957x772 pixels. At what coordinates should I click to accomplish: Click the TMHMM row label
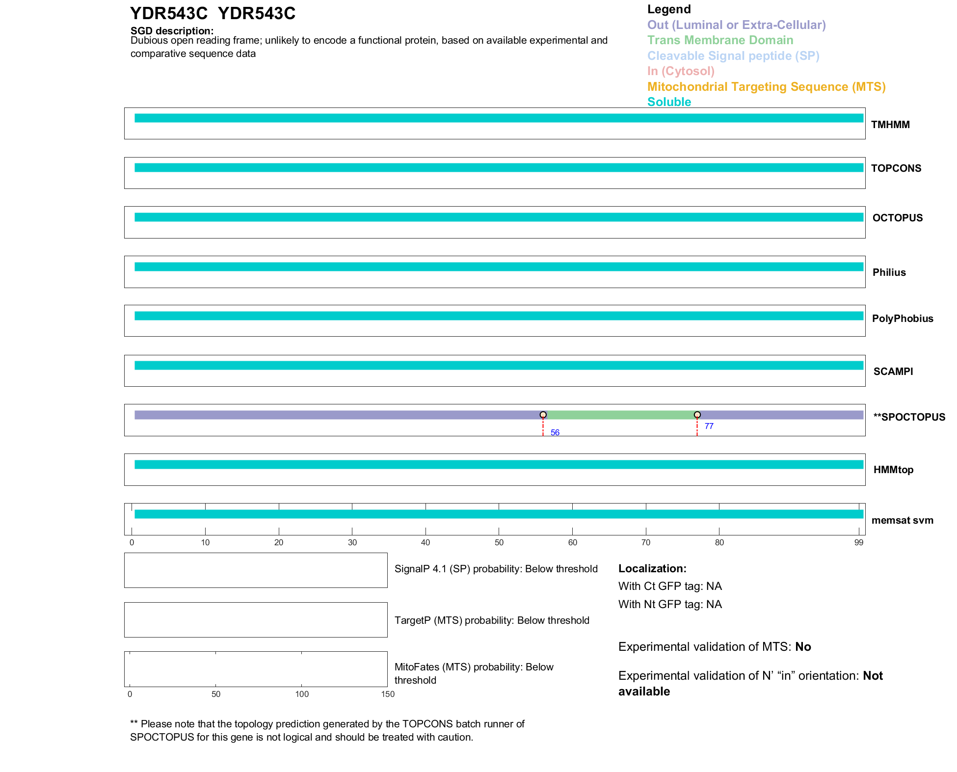tap(890, 125)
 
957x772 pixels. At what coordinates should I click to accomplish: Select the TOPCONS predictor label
tap(896, 168)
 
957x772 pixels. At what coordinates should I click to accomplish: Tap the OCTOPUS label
tap(897, 218)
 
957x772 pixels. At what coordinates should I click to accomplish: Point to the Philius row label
tap(889, 272)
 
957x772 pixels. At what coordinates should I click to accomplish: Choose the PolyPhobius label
tap(902, 319)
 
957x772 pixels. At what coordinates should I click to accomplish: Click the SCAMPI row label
tap(893, 372)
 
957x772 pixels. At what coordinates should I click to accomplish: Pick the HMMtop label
tap(893, 470)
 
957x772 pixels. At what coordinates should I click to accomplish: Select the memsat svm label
tap(902, 520)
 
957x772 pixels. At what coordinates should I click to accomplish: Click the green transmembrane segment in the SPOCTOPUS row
tap(620, 415)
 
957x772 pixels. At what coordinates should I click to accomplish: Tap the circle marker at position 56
tap(543, 415)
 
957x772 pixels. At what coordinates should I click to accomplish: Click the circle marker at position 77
tap(697, 415)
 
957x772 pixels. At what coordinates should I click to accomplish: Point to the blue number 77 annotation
tap(709, 426)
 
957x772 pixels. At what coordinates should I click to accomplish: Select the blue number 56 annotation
tap(555, 432)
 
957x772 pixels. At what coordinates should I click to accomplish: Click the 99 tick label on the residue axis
tap(858, 542)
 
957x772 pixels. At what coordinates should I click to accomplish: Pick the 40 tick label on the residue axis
tap(425, 542)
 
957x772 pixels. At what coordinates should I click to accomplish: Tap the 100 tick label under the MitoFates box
tap(302, 694)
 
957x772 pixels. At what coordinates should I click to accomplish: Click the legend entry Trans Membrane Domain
tap(720, 40)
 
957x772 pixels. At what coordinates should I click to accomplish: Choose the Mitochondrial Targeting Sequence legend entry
tap(766, 87)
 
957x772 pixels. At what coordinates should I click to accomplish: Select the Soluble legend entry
tap(669, 102)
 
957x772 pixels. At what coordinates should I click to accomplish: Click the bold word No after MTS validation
tap(803, 647)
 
